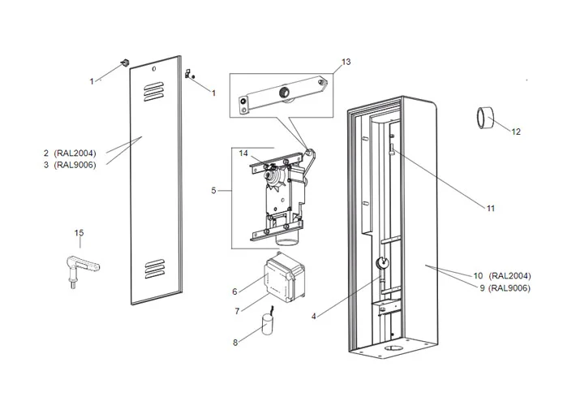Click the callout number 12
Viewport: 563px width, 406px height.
(516, 132)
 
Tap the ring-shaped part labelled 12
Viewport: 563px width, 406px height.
(487, 118)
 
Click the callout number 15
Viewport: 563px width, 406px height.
(79, 234)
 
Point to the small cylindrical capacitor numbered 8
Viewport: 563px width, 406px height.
(267, 326)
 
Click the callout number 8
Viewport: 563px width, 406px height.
(235, 342)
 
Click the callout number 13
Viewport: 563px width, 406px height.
(346, 63)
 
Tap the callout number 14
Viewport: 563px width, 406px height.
(243, 153)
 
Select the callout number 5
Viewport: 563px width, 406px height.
(213, 191)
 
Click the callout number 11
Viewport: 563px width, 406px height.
(490, 208)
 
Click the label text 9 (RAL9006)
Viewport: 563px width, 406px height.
(505, 287)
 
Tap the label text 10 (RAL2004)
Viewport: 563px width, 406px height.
(504, 275)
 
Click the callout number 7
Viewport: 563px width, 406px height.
(235, 312)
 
